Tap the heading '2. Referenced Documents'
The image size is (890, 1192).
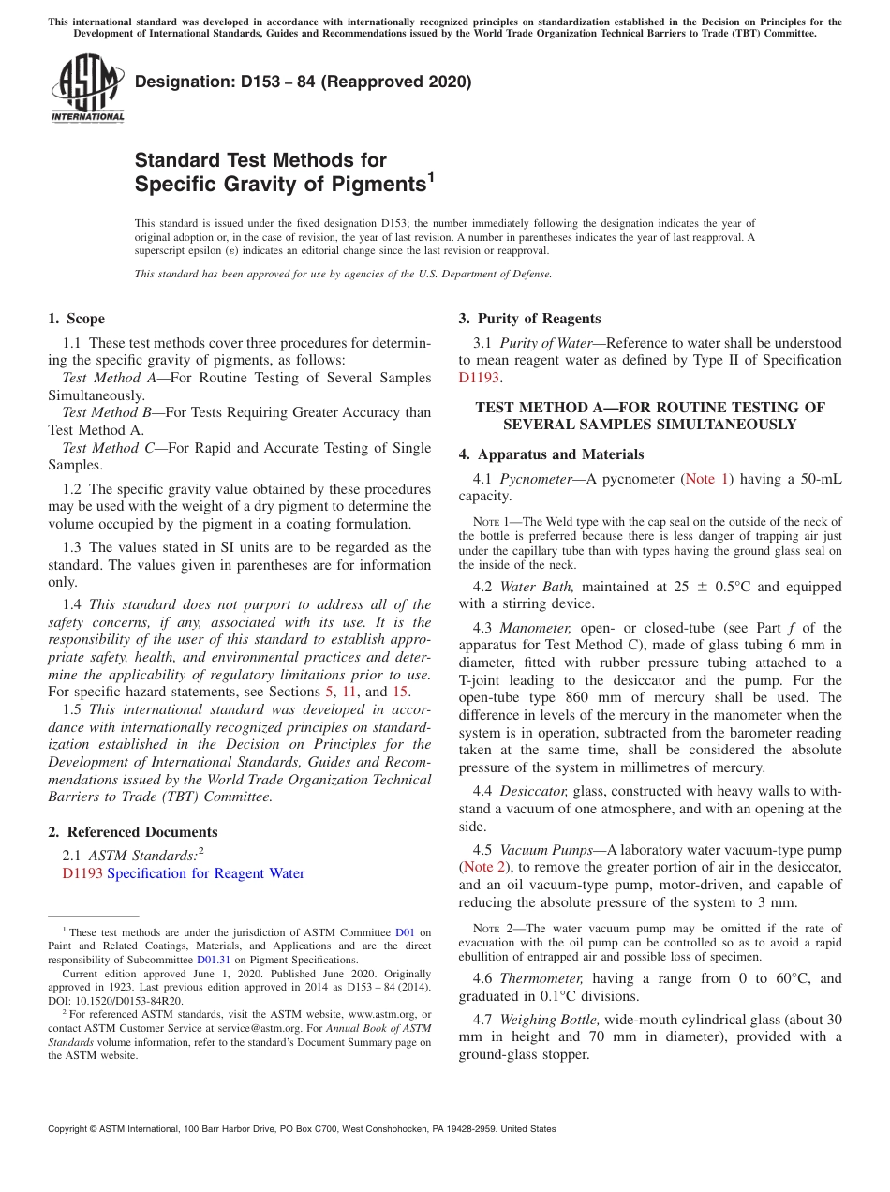(133, 832)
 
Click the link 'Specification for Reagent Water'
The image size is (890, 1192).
(206, 873)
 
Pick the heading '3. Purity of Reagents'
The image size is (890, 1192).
(530, 319)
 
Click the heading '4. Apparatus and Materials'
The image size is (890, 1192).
(552, 454)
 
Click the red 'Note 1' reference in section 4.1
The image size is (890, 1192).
(706, 479)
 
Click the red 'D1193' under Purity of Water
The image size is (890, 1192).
(478, 378)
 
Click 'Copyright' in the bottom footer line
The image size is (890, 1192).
(69, 1129)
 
